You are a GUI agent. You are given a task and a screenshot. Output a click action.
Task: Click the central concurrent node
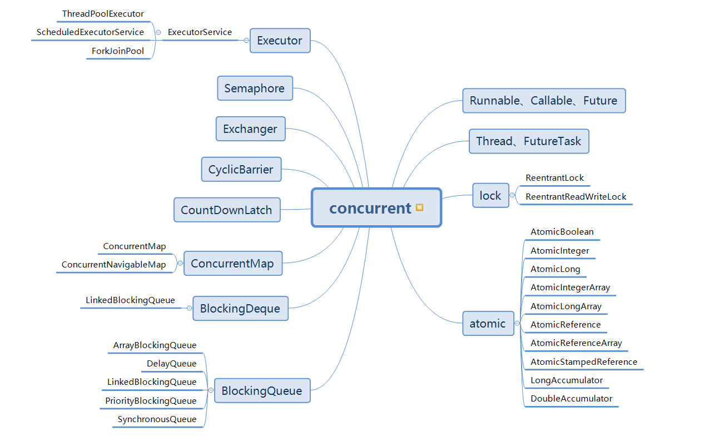(x=370, y=208)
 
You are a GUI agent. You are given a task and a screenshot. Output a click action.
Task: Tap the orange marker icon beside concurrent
(x=419, y=208)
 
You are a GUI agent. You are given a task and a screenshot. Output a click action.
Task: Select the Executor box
(x=280, y=41)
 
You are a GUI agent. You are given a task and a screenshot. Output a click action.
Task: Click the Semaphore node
(x=255, y=88)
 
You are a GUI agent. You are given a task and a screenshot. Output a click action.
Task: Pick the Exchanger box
(x=250, y=129)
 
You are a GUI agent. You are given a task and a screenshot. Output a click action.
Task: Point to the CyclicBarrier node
(x=241, y=169)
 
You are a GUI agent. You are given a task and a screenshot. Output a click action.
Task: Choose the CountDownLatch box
(x=226, y=210)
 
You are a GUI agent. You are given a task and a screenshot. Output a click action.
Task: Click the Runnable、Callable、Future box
(x=543, y=101)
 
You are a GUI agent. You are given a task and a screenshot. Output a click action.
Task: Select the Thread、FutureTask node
(x=528, y=141)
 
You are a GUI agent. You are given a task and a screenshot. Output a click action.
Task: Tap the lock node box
(x=490, y=195)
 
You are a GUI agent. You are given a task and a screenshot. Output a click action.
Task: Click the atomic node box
(x=488, y=324)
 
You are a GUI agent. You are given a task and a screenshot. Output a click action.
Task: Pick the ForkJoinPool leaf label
(x=118, y=51)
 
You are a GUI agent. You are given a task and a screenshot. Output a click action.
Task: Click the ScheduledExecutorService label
(x=90, y=32)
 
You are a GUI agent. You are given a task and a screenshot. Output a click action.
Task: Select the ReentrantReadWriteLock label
(x=576, y=197)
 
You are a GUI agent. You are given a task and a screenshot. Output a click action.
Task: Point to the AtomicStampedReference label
(x=584, y=362)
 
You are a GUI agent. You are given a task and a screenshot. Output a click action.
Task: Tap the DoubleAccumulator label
(x=571, y=399)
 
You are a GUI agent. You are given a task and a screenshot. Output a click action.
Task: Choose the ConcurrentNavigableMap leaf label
(x=113, y=265)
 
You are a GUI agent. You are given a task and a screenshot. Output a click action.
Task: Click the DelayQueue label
(x=171, y=364)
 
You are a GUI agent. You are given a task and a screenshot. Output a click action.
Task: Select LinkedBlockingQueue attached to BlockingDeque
(x=130, y=300)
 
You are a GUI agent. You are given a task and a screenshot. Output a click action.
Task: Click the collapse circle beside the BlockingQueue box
(x=211, y=390)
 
